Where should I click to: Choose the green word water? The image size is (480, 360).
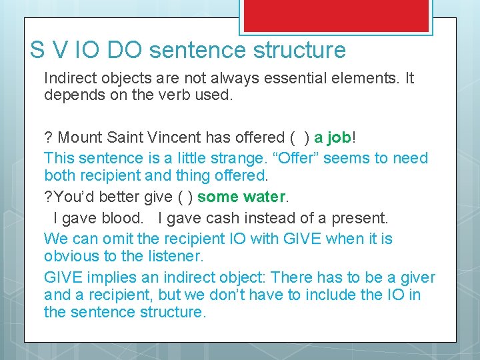pyautogui.click(x=263, y=197)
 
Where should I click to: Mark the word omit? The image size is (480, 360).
pyautogui.click(x=112, y=239)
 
